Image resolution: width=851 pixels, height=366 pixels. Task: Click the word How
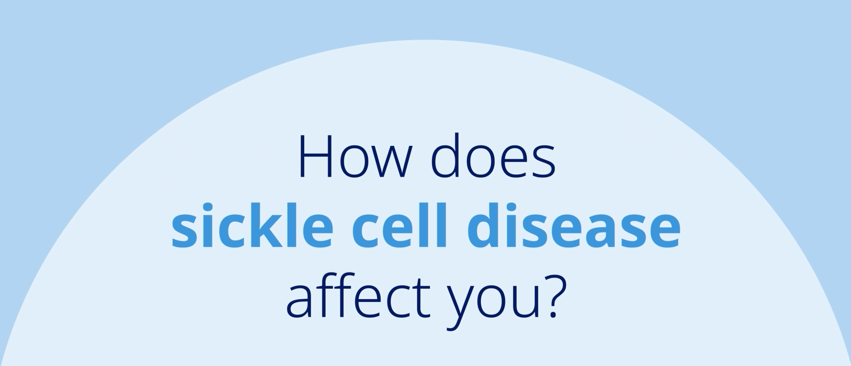tap(354, 157)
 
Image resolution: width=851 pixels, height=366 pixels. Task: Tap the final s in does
tap(543, 162)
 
